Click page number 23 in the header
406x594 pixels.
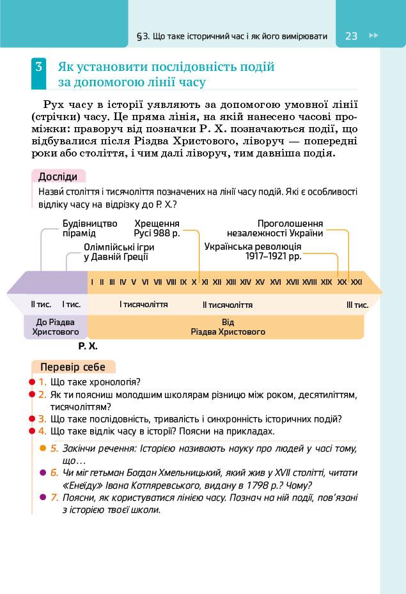[x=351, y=36]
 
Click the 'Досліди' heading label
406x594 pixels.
[x=58, y=177]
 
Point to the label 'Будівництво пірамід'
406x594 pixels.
[x=90, y=228]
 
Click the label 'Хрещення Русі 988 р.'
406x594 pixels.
[x=157, y=228]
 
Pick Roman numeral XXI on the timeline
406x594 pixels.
[x=357, y=282]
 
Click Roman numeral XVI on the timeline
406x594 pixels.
[x=276, y=282]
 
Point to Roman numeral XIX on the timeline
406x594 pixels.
[x=326, y=282]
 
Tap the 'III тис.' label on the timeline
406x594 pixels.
[x=357, y=305]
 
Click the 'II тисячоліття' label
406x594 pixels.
[x=227, y=305]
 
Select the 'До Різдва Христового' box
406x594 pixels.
[x=56, y=327]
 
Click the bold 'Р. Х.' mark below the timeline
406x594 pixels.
[x=88, y=346]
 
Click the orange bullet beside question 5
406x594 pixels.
[x=43, y=448]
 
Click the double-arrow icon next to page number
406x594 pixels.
[x=374, y=36]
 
